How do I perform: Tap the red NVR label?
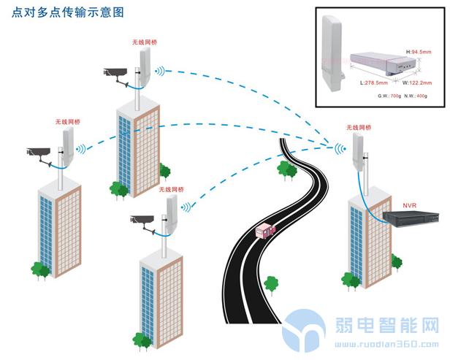[411, 197]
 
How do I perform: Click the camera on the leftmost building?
[41, 153]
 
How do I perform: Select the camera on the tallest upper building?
[117, 73]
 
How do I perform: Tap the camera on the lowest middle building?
[143, 219]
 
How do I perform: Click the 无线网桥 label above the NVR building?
[359, 127]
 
